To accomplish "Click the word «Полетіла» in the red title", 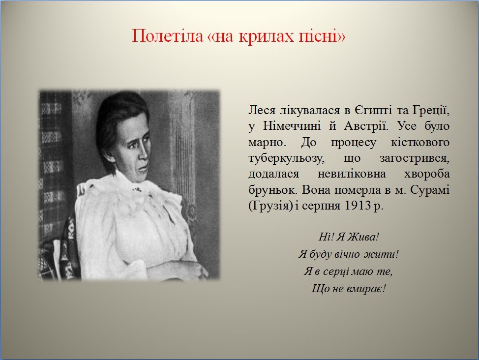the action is coord(167,36).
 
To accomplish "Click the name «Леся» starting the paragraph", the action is coord(262,110).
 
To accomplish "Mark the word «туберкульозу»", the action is coord(285,158).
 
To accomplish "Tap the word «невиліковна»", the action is coord(352,174).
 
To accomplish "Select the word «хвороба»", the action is coord(427,174).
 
